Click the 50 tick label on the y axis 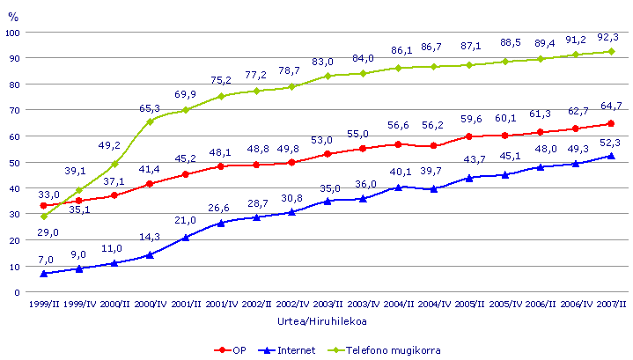coord(15,162)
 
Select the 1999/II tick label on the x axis coord(44,305)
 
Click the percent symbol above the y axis coord(11,13)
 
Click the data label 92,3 coord(607,36)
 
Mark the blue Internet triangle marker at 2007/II coord(610,156)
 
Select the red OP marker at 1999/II coord(44,205)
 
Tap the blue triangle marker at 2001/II coord(186,237)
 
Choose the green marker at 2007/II coord(610,52)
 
